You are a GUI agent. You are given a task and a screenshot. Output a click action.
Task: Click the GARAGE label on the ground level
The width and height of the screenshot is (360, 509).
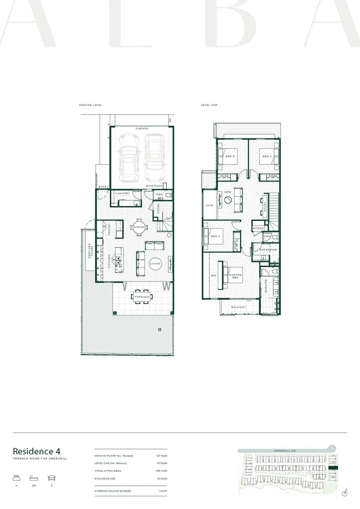point(142,128)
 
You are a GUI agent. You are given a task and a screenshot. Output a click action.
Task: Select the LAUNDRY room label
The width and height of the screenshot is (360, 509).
point(123,193)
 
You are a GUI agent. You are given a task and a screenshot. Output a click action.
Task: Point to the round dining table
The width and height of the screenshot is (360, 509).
point(139,228)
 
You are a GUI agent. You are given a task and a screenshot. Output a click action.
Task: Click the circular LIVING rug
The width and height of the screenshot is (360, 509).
point(155,263)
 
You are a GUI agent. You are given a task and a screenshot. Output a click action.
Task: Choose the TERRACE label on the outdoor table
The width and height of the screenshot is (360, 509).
point(142,297)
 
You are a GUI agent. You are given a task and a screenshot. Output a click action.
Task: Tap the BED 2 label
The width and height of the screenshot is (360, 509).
point(267,156)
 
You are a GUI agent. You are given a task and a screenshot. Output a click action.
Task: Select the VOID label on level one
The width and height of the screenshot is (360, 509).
point(210,205)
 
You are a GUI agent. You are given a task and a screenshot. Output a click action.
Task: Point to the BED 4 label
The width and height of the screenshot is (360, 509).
point(215,236)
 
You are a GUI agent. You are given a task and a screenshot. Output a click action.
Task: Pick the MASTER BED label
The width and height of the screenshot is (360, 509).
point(235,276)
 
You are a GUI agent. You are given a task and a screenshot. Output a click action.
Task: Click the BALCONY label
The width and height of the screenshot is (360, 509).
point(238,307)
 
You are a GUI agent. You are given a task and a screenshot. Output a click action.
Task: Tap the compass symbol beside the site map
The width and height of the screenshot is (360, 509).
point(344,493)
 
